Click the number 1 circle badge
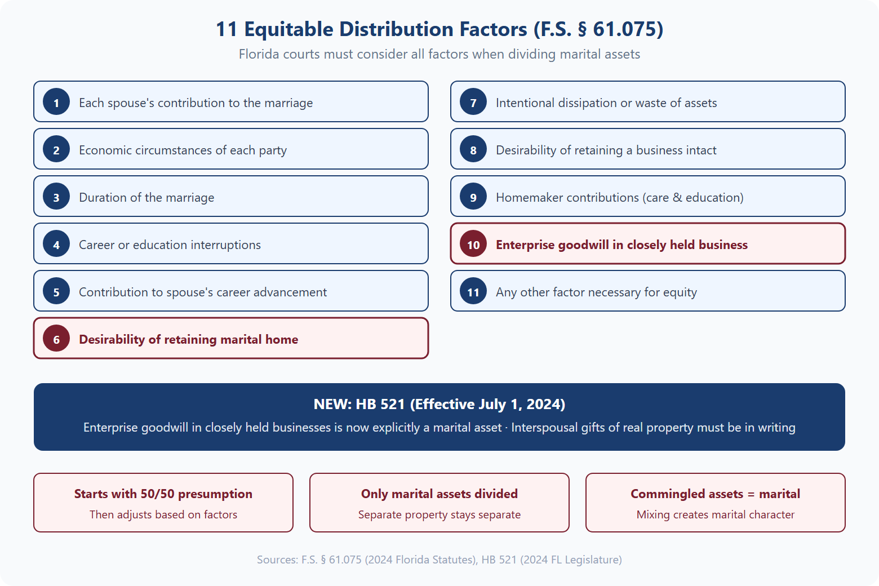(56, 102)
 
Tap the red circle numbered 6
(56, 339)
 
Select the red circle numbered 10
(473, 244)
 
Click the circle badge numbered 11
(473, 291)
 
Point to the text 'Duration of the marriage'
(146, 197)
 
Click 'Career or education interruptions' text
(170, 245)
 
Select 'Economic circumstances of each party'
(183, 150)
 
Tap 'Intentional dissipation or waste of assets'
(606, 103)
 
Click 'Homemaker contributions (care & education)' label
(619, 197)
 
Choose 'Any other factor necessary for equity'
(596, 292)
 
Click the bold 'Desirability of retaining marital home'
(188, 339)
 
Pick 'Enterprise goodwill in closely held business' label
(621, 245)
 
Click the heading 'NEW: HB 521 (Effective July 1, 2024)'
(439, 404)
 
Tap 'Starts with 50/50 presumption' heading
(163, 494)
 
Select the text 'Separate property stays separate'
(439, 514)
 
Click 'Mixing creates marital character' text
(716, 514)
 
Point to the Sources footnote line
(439, 560)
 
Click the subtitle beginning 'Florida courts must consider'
(439, 54)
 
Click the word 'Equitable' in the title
(289, 29)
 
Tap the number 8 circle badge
(473, 149)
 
